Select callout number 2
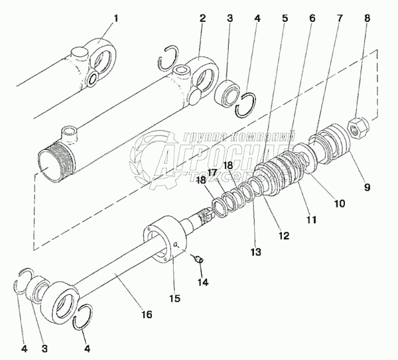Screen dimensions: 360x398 pyautogui.click(x=202, y=18)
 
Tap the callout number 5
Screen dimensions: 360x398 pyautogui.click(x=285, y=18)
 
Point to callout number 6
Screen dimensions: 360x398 pyautogui.click(x=312, y=18)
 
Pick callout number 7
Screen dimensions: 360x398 pyautogui.click(x=340, y=18)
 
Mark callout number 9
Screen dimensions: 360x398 pyautogui.click(x=367, y=186)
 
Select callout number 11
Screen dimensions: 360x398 pyautogui.click(x=310, y=219)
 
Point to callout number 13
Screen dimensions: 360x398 pyautogui.click(x=255, y=252)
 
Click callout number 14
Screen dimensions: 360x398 pyautogui.click(x=202, y=282)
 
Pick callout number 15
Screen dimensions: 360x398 pyautogui.click(x=174, y=298)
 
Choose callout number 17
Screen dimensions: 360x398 pyautogui.click(x=212, y=173)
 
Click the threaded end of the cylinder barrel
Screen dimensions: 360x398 pyautogui.click(x=50, y=163)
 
